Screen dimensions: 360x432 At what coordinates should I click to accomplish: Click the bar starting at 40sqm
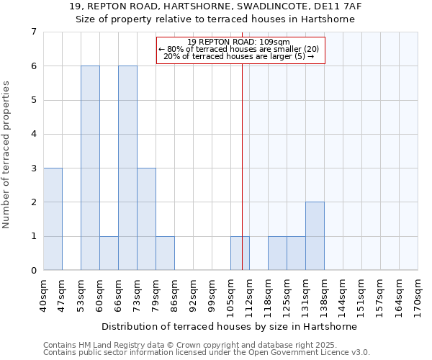pos(53,219)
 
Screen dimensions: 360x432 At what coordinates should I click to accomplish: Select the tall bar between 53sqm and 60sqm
pos(90,168)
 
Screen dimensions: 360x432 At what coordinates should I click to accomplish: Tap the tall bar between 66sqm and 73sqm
pos(127,168)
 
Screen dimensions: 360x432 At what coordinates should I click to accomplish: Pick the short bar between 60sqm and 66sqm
pos(109,253)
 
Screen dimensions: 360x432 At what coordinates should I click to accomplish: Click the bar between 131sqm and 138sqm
pos(315,236)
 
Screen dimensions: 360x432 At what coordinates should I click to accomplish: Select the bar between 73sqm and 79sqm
pos(146,219)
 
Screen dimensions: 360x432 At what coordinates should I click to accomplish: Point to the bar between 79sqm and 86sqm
pos(165,253)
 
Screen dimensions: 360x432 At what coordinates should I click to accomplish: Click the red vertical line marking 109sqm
pos(242,158)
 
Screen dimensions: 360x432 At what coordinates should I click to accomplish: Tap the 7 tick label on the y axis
pos(33,32)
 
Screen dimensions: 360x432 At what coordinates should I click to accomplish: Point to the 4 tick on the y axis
pos(33,134)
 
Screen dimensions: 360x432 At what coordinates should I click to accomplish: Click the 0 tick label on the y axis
pos(33,271)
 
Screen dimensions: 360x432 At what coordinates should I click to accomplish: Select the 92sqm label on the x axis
pos(194,292)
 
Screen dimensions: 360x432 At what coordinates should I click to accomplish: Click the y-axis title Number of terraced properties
pos(7,154)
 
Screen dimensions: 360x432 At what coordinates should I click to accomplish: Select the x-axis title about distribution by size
pos(229,326)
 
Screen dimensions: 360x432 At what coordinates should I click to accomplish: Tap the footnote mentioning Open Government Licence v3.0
pos(207,353)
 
